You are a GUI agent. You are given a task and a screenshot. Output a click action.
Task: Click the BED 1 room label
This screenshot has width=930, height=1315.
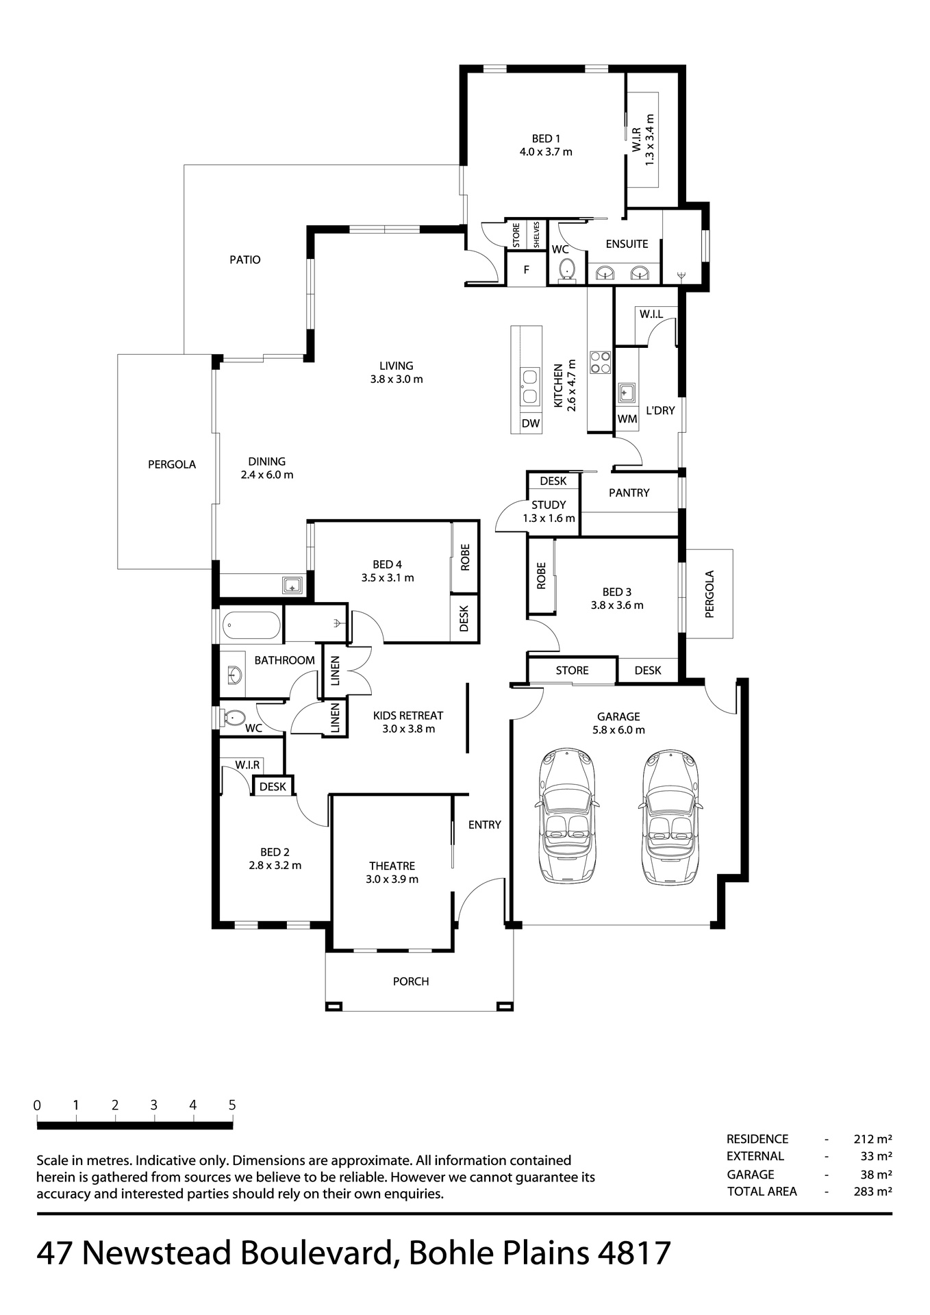click(x=546, y=139)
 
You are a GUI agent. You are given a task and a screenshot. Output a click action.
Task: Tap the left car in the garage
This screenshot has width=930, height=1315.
click(x=567, y=815)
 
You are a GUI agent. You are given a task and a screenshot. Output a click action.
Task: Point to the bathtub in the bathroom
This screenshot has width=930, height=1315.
click(x=251, y=625)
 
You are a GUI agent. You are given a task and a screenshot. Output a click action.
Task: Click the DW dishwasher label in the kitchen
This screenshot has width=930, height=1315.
click(x=531, y=423)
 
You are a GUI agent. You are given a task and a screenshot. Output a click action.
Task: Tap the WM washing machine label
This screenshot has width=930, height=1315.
click(x=627, y=418)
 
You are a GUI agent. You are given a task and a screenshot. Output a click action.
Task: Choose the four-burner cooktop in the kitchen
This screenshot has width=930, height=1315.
click(x=601, y=362)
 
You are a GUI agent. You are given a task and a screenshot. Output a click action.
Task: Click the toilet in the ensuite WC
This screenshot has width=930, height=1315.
click(x=566, y=270)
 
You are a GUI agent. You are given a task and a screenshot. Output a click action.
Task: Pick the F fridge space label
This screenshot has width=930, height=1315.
click(x=527, y=270)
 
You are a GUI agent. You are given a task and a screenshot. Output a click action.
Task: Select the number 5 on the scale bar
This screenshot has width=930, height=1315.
click(x=232, y=1105)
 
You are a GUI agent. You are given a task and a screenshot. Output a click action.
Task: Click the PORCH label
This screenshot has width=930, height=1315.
click(x=411, y=981)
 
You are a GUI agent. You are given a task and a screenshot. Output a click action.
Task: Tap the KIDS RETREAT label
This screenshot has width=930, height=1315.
click(x=408, y=716)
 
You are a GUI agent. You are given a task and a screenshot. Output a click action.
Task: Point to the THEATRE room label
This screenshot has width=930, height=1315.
click(x=392, y=866)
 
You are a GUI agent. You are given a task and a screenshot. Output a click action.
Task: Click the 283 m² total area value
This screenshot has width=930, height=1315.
click(x=872, y=1191)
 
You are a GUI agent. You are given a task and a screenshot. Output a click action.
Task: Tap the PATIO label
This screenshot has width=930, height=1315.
click(x=245, y=260)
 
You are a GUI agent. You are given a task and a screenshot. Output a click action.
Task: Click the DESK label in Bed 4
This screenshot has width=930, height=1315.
click(x=464, y=618)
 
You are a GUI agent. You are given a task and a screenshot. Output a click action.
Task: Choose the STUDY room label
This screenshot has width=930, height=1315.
click(x=549, y=505)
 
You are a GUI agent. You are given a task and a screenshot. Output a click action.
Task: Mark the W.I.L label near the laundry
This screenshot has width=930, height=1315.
click(x=651, y=314)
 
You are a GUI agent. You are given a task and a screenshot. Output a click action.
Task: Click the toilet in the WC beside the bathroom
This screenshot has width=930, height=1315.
click(x=234, y=718)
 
